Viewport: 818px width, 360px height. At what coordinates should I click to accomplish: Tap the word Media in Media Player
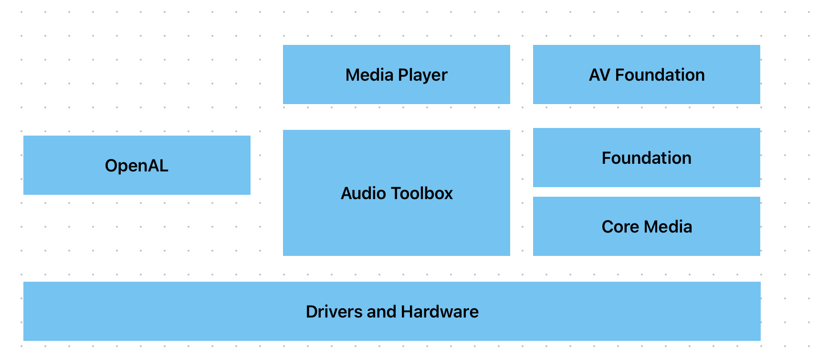pyautogui.click(x=369, y=75)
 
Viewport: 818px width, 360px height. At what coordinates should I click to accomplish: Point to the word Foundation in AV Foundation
pyautogui.click(x=660, y=75)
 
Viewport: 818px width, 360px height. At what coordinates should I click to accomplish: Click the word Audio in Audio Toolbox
pyautogui.click(x=363, y=193)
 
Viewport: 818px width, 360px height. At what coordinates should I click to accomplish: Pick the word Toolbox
pyautogui.click(x=422, y=193)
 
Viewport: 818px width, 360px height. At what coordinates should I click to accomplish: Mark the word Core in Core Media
pyautogui.click(x=620, y=227)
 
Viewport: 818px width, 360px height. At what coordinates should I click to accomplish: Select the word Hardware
pyautogui.click(x=440, y=312)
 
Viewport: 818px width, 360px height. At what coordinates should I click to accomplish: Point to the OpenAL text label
pyautogui.click(x=136, y=166)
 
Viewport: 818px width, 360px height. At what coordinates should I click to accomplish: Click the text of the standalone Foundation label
pyautogui.click(x=646, y=158)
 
